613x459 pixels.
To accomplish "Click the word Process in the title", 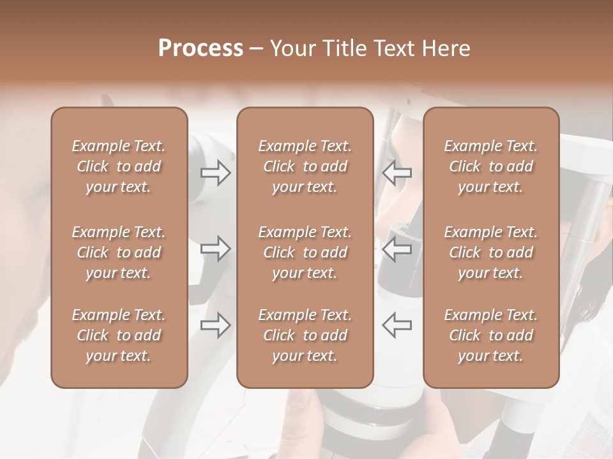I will tap(201, 48).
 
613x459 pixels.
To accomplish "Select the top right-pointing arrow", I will tap(216, 173).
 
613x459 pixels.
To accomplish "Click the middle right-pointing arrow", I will tap(216, 249).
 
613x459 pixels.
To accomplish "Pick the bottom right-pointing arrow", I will tap(216, 325).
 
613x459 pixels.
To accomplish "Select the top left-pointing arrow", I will tap(397, 173).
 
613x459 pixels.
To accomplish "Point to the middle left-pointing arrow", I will tap(397, 249).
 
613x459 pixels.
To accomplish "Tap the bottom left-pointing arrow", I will tap(397, 325).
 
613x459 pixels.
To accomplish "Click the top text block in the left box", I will tap(119, 166).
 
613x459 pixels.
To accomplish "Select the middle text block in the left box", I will tap(119, 252).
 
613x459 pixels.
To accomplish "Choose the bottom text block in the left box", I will tap(119, 335).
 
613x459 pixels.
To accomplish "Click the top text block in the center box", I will tap(305, 166).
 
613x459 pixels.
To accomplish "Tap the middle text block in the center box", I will tap(305, 252).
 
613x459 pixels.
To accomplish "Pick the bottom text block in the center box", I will tap(305, 335).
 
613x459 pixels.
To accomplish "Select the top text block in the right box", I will tap(491, 166).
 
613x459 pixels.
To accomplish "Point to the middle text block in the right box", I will tap(491, 252).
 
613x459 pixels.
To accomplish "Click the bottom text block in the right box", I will tap(491, 335).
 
